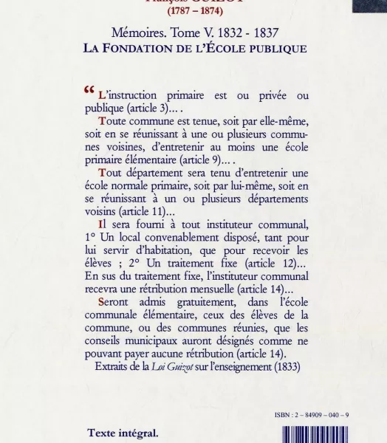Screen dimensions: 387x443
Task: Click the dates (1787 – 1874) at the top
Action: pos(193,11)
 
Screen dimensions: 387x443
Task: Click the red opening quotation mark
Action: pos(89,92)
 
